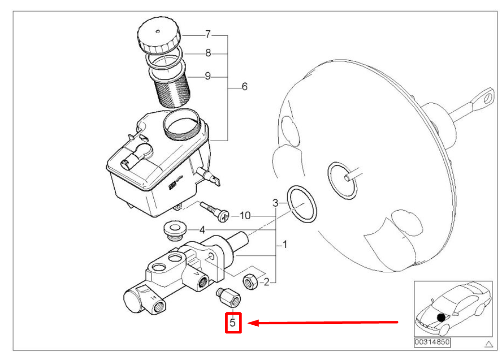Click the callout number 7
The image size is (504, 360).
pyautogui.click(x=208, y=35)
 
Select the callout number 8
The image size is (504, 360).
pyautogui.click(x=208, y=53)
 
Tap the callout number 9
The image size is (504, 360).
pyautogui.click(x=208, y=76)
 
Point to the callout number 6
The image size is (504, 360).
pyautogui.click(x=244, y=87)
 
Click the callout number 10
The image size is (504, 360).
pyautogui.click(x=245, y=215)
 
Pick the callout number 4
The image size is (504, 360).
pyautogui.click(x=203, y=230)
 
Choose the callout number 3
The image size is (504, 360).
pyautogui.click(x=275, y=202)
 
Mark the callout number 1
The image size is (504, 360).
pyautogui.click(x=285, y=245)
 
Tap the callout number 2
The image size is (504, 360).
pyautogui.click(x=266, y=282)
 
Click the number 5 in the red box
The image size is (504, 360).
pyautogui.click(x=233, y=322)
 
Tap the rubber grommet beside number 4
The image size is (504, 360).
pyautogui.click(x=174, y=230)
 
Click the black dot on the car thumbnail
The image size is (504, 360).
pyautogui.click(x=441, y=317)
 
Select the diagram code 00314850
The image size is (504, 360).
pyautogui.click(x=431, y=343)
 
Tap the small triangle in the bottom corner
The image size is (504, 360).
pyautogui.click(x=489, y=344)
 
